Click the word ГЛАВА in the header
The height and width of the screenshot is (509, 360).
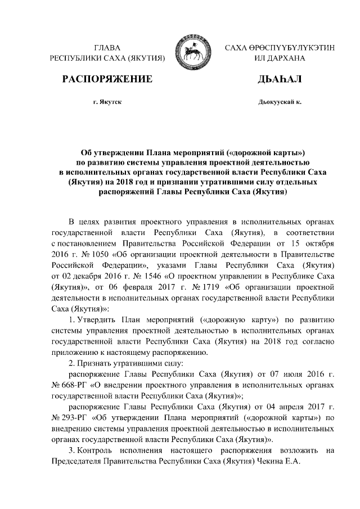tap(108, 48)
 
